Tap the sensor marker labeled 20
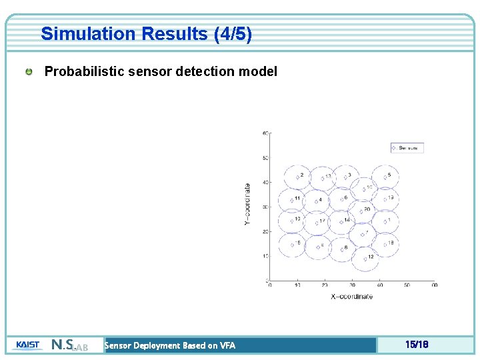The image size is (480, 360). pyautogui.click(x=361, y=211)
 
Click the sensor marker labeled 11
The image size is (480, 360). pyautogui.click(x=291, y=199)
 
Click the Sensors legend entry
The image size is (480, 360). pyautogui.click(x=407, y=148)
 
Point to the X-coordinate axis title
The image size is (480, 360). pyautogui.click(x=351, y=297)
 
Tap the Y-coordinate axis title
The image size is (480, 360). pyautogui.click(x=248, y=204)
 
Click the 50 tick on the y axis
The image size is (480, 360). pyautogui.click(x=265, y=158)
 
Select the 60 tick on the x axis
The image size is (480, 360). pyautogui.click(x=434, y=285)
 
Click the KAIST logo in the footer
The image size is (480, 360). pyautogui.click(x=27, y=345)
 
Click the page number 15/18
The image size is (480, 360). pyautogui.click(x=416, y=345)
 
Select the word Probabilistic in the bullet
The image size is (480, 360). pyautogui.click(x=81, y=71)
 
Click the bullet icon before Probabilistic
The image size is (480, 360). pyautogui.click(x=30, y=71)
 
